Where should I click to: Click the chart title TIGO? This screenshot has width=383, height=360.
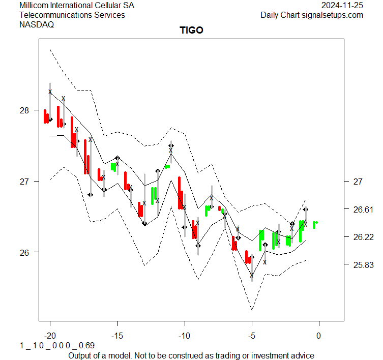(191, 30)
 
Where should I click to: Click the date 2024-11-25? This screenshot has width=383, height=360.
(342, 6)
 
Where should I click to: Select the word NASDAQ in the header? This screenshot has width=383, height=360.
(37, 24)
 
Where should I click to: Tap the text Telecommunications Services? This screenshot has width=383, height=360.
(72, 15)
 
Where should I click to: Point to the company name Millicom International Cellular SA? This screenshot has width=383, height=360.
(77, 6)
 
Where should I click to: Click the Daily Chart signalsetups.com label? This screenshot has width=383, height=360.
(312, 15)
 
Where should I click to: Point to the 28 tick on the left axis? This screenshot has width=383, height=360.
(25, 110)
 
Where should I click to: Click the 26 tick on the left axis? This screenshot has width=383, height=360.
(25, 252)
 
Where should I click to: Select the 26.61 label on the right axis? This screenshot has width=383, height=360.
(363, 209)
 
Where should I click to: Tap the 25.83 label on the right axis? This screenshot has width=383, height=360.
(363, 265)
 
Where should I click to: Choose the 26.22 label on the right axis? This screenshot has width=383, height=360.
(363, 237)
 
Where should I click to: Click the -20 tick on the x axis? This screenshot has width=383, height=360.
(50, 336)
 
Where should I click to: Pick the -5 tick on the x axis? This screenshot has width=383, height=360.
(251, 336)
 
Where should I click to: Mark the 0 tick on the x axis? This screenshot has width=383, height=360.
(319, 336)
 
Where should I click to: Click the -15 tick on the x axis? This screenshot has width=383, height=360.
(117, 336)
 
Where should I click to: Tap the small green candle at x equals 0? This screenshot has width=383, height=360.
(315, 224)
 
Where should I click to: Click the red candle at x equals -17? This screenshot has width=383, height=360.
(86, 157)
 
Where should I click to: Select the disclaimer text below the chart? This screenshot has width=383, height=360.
(191, 355)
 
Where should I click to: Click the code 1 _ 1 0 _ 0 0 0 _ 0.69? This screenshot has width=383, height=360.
(57, 345)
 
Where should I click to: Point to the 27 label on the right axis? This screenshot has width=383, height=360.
(357, 181)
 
